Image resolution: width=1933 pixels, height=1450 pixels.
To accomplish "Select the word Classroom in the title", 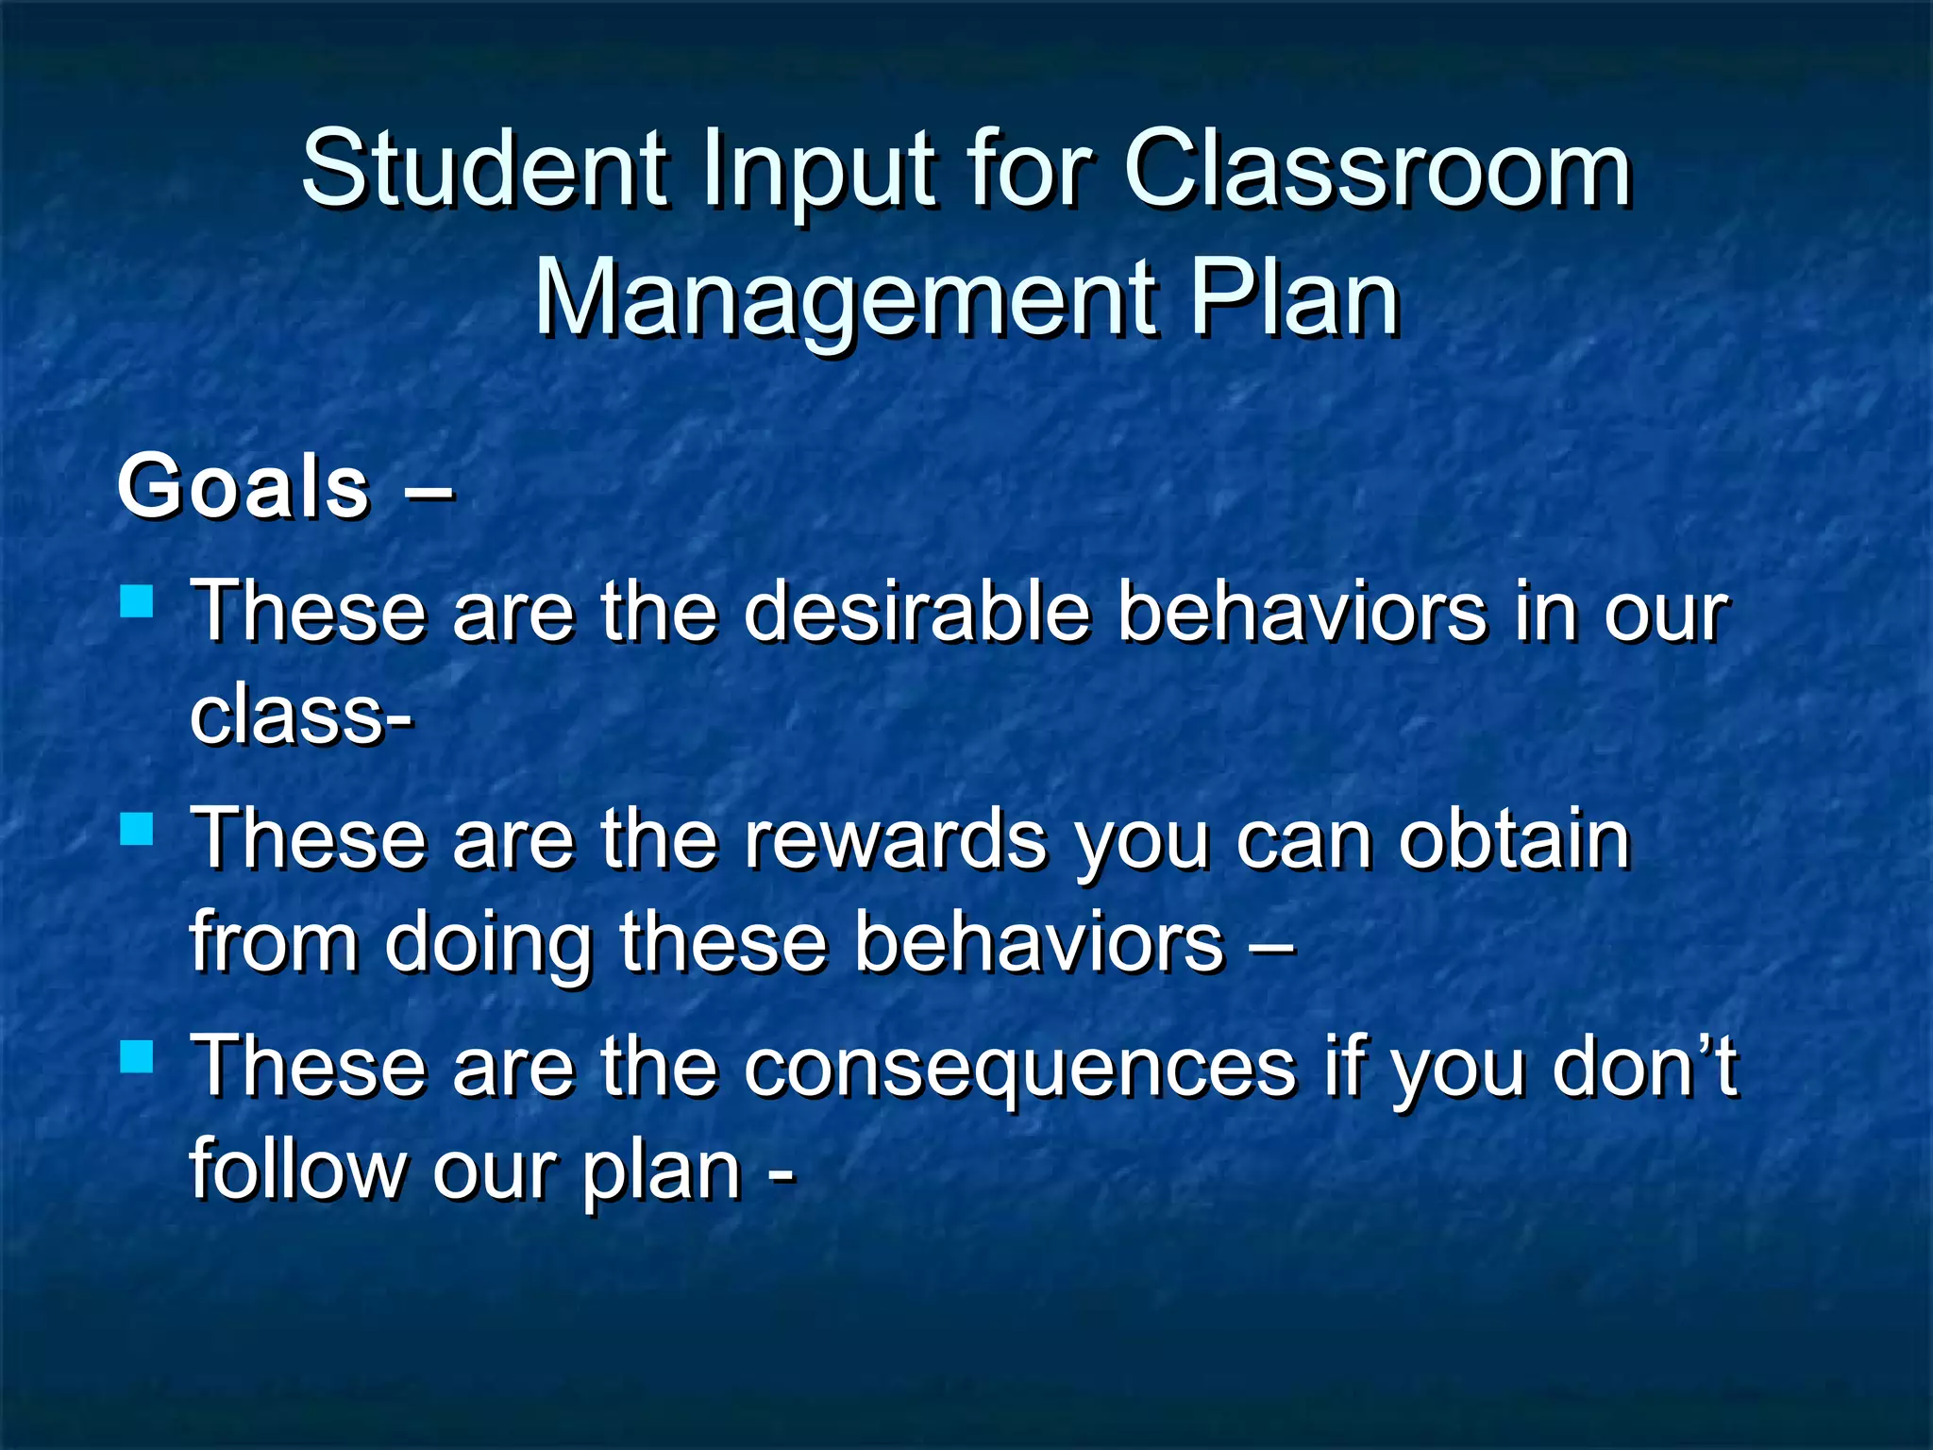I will pos(1377,170).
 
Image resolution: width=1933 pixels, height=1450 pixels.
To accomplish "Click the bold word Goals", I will pos(244,487).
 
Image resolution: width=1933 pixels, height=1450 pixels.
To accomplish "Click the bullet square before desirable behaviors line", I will pos(138,601).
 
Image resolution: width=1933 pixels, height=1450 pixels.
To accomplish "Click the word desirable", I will pos(916,611).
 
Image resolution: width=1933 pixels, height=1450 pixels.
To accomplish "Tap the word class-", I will pos(301,715).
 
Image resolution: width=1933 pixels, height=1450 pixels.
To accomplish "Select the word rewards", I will pos(896,840).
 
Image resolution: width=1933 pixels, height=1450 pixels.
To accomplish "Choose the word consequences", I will pos(1019,1068).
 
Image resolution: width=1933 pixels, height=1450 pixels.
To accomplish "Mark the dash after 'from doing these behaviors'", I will pos(1270,946).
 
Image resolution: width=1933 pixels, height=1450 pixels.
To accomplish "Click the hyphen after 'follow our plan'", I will pos(782,1176).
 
